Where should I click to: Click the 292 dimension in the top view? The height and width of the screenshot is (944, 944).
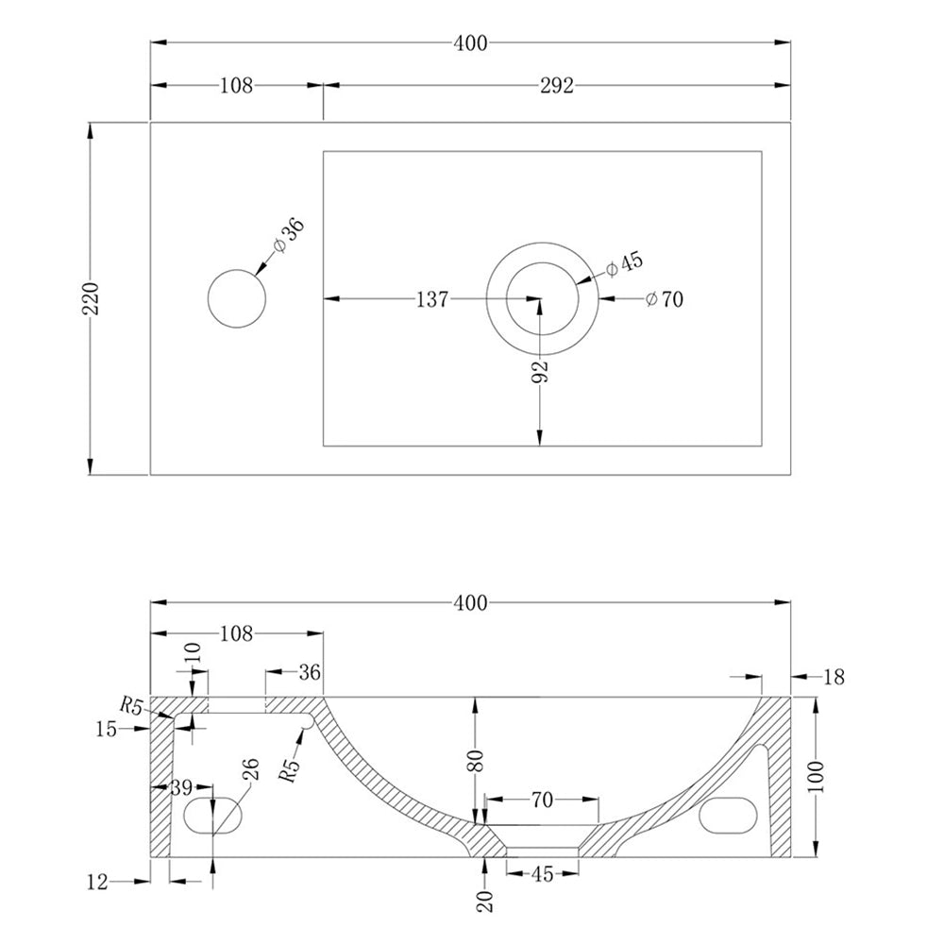click(557, 86)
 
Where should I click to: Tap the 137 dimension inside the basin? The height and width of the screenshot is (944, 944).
click(431, 300)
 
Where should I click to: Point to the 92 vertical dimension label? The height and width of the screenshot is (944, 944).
click(539, 371)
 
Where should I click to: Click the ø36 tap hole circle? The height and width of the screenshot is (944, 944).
click(236, 299)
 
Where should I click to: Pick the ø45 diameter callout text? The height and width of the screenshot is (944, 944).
click(624, 264)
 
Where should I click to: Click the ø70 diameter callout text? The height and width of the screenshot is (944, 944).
click(665, 300)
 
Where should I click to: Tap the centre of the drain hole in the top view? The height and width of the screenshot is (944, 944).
click(542, 300)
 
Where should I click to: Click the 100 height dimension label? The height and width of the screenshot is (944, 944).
click(818, 776)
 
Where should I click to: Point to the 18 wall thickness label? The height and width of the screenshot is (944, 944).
click(834, 677)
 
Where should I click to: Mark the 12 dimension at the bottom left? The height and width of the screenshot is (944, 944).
click(98, 882)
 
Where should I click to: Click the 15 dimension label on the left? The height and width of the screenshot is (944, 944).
click(106, 729)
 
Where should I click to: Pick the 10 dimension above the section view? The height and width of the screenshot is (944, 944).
click(193, 653)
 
